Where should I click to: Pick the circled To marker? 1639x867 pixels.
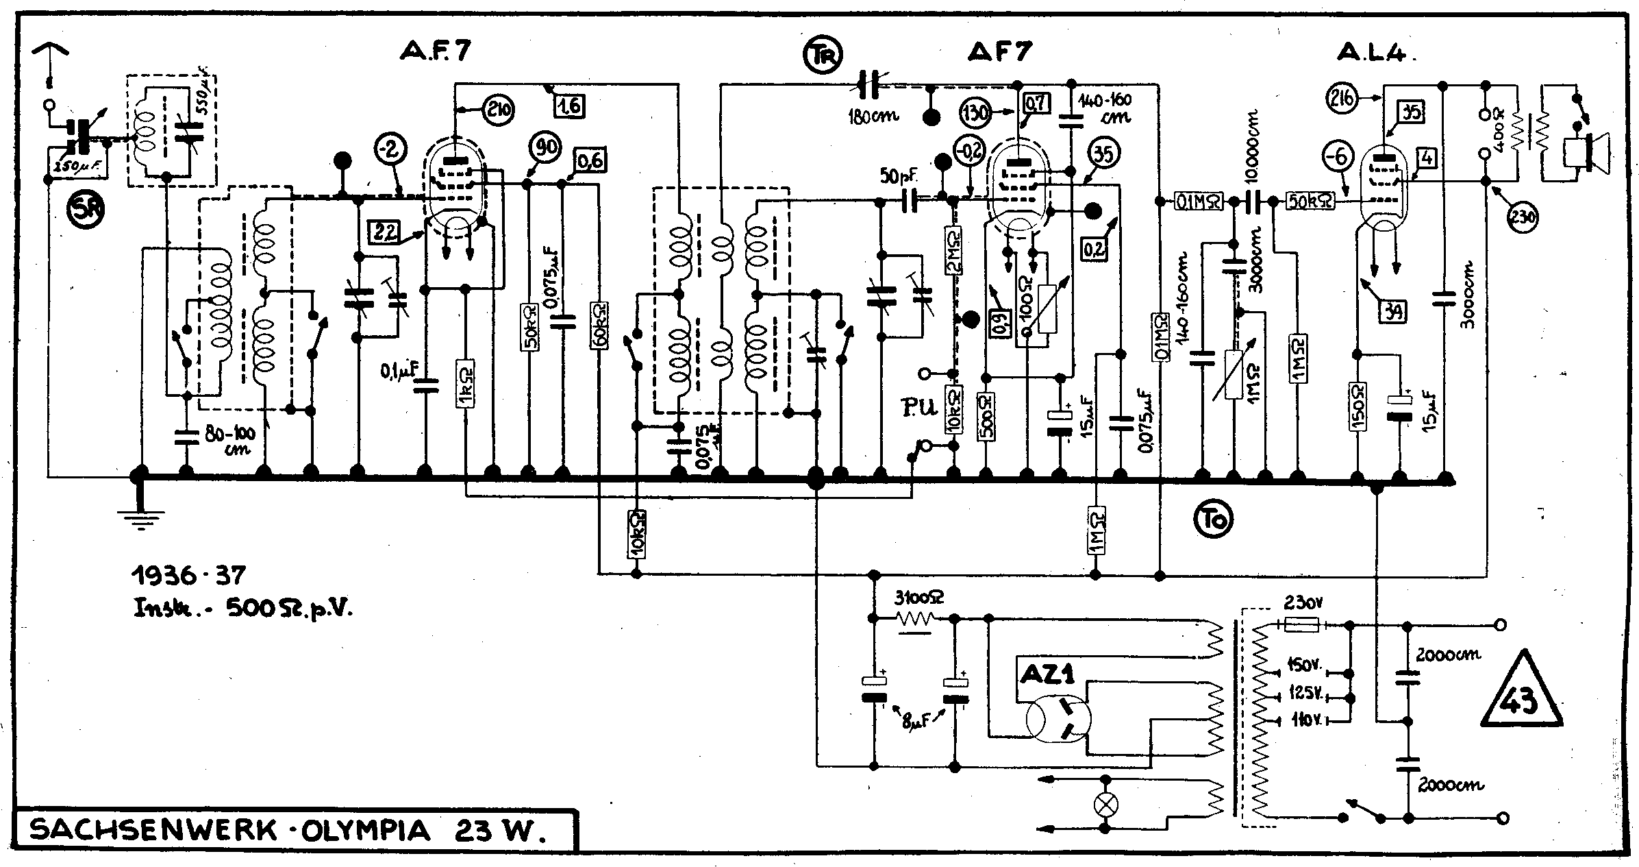[x=1214, y=519]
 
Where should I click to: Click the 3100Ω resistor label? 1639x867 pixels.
[x=918, y=598]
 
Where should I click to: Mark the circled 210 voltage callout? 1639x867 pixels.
[x=499, y=110]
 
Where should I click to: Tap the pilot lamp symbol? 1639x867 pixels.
[x=1104, y=804]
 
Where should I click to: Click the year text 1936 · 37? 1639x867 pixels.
[x=188, y=575]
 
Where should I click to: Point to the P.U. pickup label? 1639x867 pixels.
[x=918, y=410]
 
